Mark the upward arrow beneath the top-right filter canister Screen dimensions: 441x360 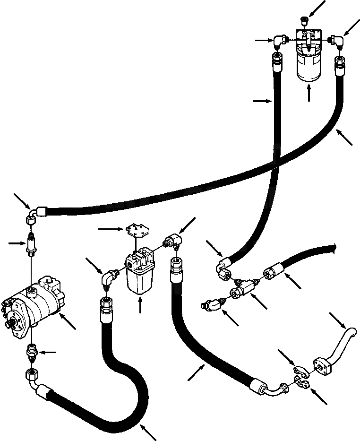coord(309,94)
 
